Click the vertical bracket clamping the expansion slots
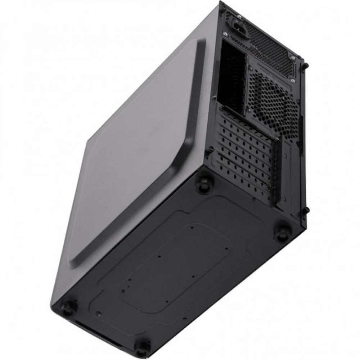click(277, 173)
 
